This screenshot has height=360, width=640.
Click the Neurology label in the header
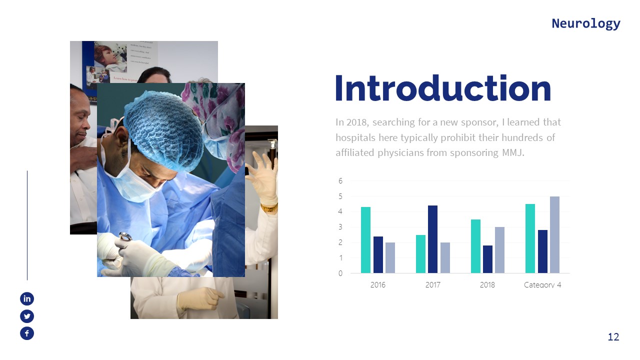coord(585,23)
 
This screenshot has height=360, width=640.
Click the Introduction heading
coord(442,89)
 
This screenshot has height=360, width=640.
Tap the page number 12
coord(613,337)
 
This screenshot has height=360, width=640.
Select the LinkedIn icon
coord(27,299)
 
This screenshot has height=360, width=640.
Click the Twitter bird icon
coord(27,316)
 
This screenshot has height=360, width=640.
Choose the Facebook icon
coord(27,333)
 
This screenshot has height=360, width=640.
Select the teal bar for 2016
coord(365,240)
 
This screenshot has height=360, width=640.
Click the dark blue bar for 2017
coord(433,239)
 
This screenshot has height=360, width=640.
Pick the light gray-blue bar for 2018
coord(500,250)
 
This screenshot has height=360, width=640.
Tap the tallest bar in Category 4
coord(554,235)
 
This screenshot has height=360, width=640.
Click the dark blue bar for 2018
coord(487,259)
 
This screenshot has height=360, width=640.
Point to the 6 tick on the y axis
coord(340,181)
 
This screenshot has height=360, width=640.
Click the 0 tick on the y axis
coord(340,273)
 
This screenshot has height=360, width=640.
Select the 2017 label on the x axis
coord(432,285)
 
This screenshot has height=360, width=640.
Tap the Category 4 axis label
coord(542,285)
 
